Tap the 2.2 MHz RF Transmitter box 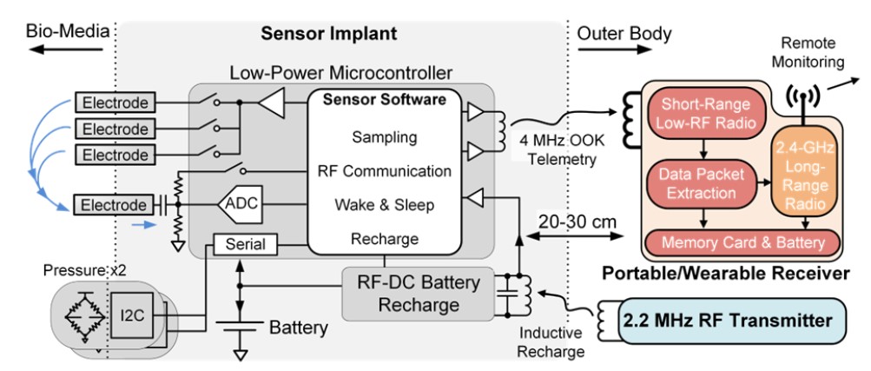[728, 321]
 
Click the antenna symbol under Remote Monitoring [800, 97]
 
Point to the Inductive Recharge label [551, 344]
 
